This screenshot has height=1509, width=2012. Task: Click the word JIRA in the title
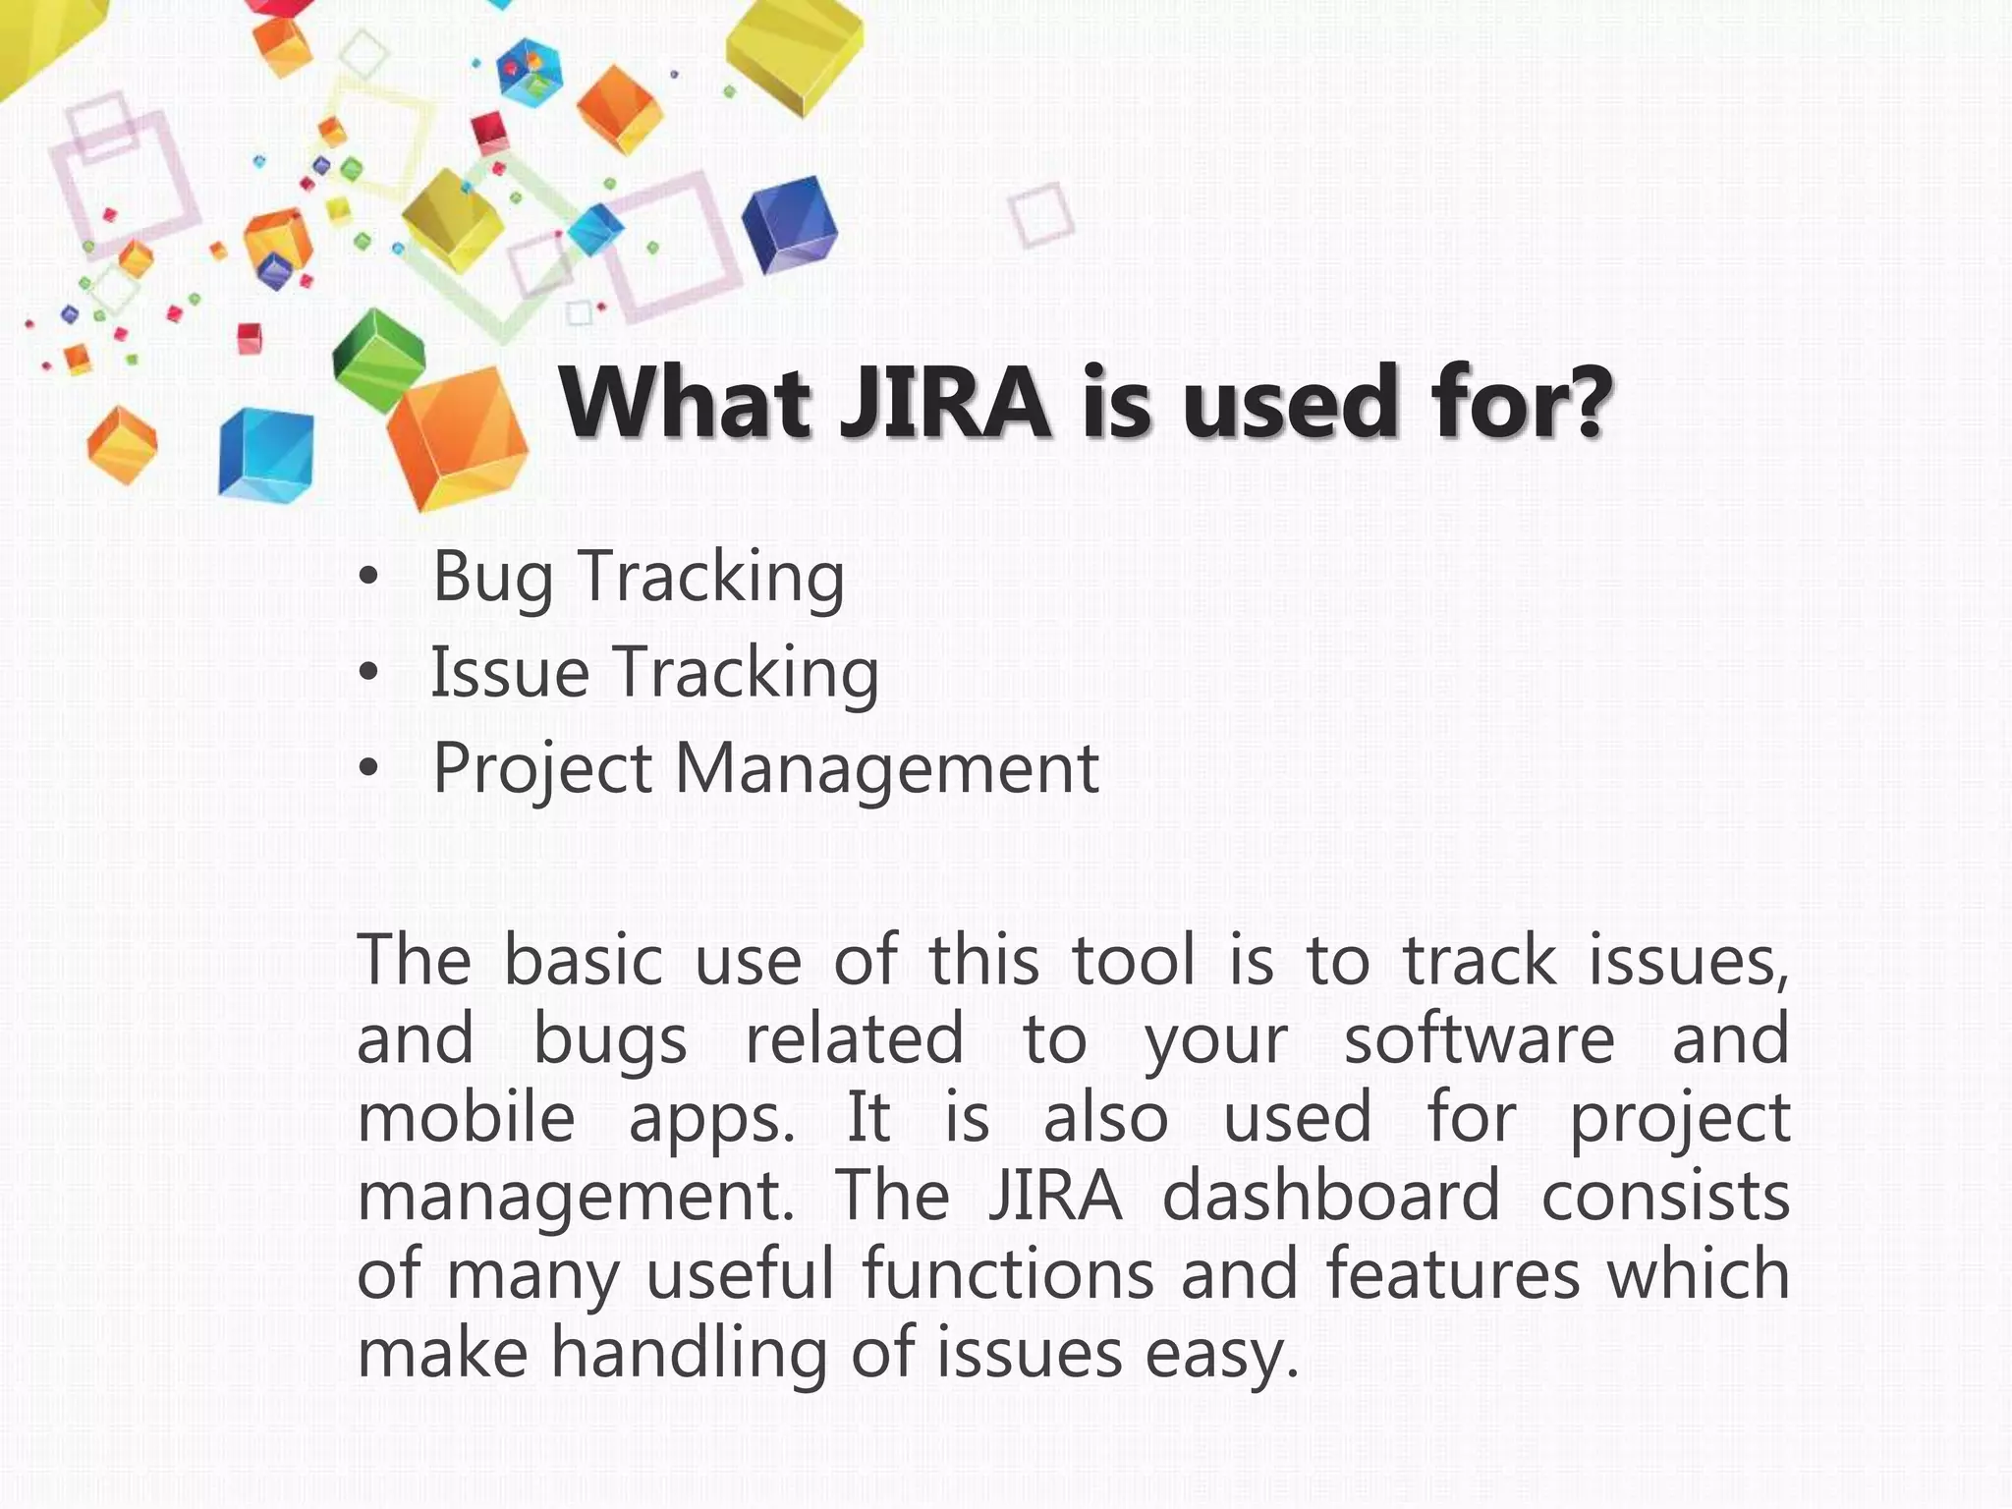(945, 403)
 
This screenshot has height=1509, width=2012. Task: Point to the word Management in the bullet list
(887, 769)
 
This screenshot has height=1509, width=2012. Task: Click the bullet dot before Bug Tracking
(367, 580)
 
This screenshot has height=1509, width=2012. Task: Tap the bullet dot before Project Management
(367, 770)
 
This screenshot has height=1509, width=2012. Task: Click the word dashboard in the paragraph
(1331, 1196)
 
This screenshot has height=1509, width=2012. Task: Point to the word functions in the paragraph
(1008, 1274)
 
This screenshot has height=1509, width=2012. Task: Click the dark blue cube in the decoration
(789, 223)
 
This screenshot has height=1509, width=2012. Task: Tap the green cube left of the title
(377, 357)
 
